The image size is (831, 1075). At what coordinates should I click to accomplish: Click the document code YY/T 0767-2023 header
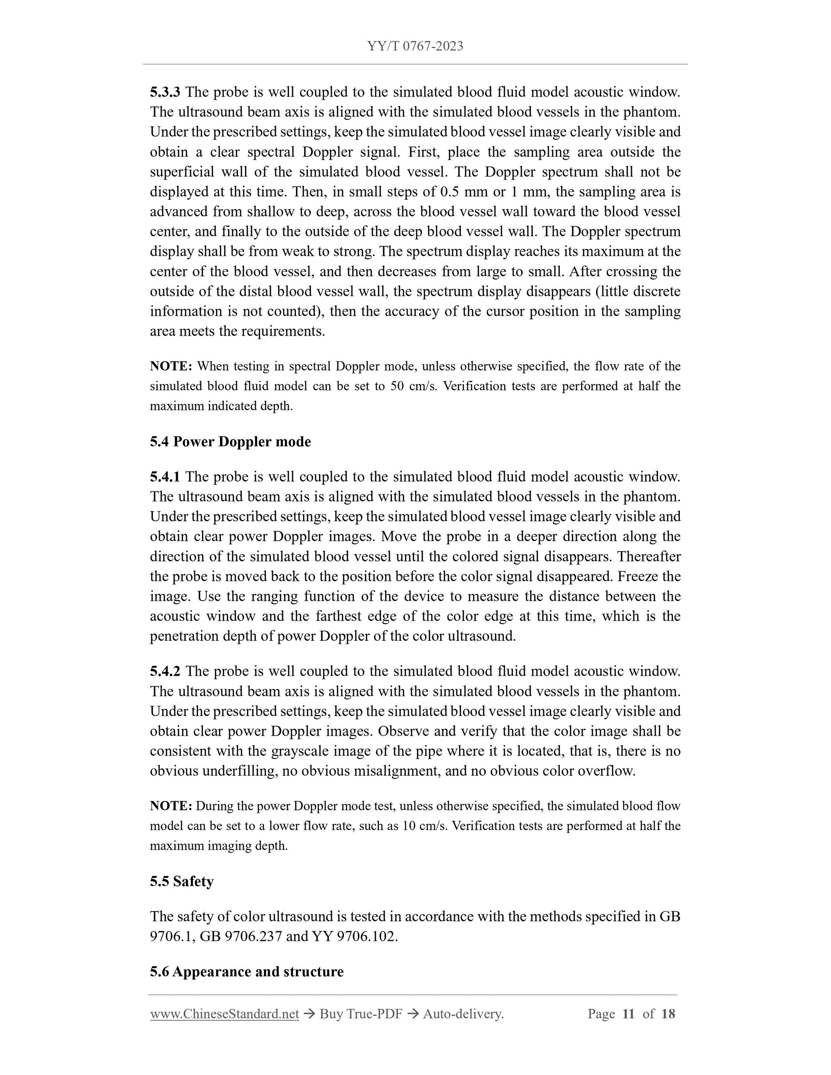click(415, 46)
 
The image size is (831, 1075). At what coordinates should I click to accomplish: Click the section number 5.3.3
click(165, 92)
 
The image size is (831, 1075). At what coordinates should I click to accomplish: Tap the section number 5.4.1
click(165, 476)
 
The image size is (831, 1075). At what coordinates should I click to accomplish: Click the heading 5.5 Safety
click(181, 881)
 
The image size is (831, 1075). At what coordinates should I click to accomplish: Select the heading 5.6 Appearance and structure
click(247, 972)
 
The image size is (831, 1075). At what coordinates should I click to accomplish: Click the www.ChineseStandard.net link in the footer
click(225, 1014)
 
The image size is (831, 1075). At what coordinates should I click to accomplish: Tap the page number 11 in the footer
click(628, 1014)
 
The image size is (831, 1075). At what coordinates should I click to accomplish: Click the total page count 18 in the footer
click(668, 1014)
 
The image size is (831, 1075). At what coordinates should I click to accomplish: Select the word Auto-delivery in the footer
click(463, 1014)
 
